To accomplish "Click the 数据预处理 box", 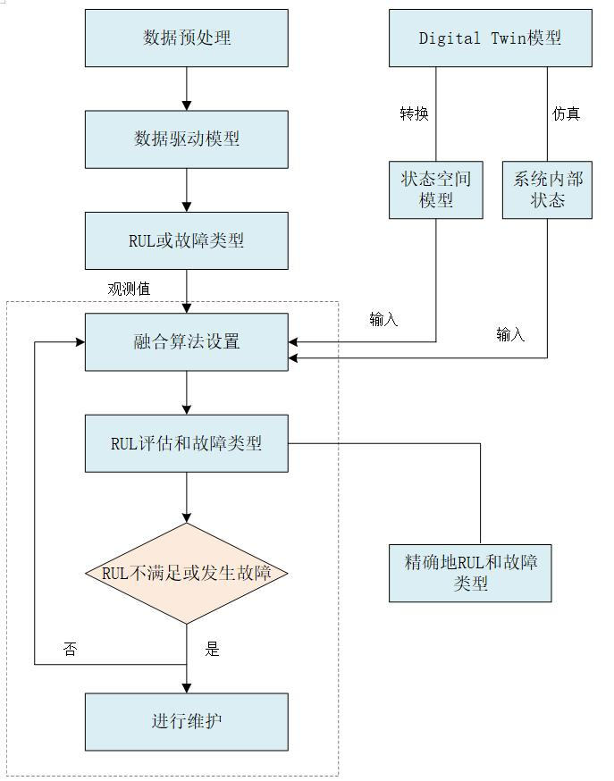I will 187,38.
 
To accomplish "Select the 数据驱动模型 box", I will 187,139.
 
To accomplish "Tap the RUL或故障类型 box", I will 187,240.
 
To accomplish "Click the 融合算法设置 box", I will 187,341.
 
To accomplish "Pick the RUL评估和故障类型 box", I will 187,442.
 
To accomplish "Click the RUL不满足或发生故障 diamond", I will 187,573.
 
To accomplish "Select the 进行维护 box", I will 187,721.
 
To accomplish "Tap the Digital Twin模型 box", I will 490,38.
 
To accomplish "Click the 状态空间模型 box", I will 436,189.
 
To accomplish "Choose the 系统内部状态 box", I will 547,189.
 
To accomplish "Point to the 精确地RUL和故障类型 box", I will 471,573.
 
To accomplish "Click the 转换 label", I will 414,113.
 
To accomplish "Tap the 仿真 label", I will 566,113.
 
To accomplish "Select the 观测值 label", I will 129,289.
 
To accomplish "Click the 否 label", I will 70,650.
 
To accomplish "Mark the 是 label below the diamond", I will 212,650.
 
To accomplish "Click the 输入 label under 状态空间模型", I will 383,320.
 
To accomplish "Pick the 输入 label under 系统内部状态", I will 510,335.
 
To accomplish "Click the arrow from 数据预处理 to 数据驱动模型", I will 187,88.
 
